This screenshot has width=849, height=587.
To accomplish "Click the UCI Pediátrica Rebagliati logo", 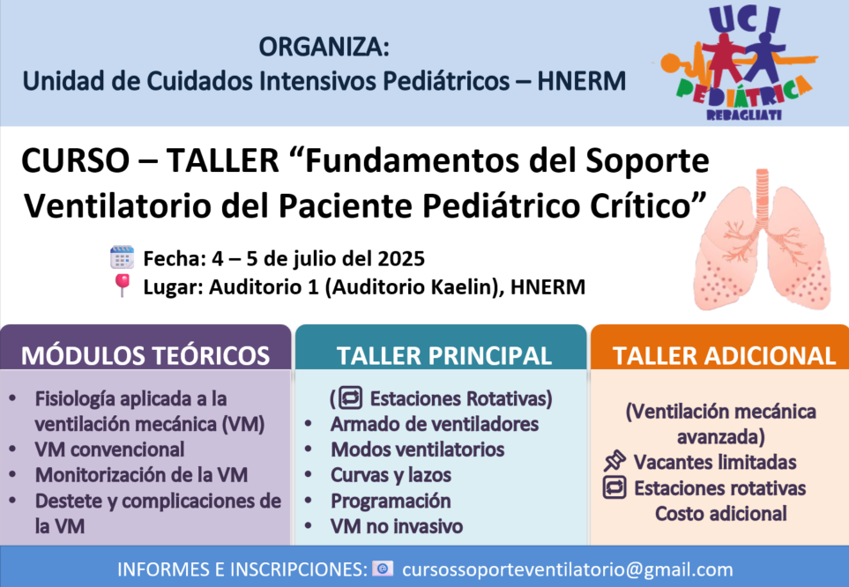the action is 736,63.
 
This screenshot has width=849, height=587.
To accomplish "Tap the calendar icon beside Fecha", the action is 122,257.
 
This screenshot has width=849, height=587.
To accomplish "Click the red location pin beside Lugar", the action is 123,286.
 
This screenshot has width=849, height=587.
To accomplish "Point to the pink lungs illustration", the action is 762,240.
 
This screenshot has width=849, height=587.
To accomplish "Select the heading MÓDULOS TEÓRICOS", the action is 145,356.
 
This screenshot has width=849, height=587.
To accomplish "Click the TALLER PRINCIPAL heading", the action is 444,356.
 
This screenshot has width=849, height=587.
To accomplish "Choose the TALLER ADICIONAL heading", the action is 724,356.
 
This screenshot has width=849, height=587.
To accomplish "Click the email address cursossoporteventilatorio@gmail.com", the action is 568,569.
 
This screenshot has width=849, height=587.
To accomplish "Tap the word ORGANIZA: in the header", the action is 324,47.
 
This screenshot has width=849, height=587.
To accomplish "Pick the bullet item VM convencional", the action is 109,450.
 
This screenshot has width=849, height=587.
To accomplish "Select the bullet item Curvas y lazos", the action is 391,475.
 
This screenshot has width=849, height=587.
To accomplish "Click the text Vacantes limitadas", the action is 715,462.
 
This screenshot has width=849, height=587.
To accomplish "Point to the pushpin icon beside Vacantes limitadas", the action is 614,461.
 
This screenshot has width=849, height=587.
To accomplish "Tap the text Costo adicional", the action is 720,513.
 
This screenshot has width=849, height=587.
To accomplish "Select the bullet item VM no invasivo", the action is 397,526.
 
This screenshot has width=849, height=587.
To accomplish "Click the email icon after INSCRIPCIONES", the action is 383,568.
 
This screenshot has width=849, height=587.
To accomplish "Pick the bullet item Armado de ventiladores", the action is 435,424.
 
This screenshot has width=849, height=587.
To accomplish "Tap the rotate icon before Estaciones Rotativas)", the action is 350,398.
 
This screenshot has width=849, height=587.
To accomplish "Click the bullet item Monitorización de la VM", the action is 141,475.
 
